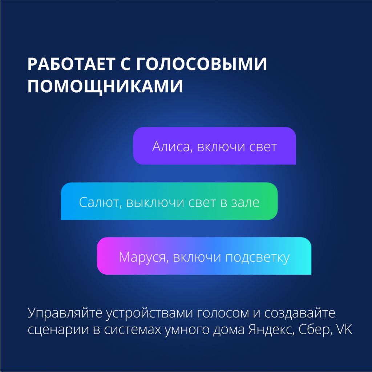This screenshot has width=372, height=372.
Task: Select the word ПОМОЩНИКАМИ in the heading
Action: click(105, 86)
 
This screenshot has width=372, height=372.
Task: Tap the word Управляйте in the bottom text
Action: click(65, 313)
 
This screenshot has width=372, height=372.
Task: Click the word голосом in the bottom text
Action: click(223, 314)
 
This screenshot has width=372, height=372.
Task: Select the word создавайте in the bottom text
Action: click(300, 313)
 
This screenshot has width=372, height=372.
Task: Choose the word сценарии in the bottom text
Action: click(58, 330)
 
